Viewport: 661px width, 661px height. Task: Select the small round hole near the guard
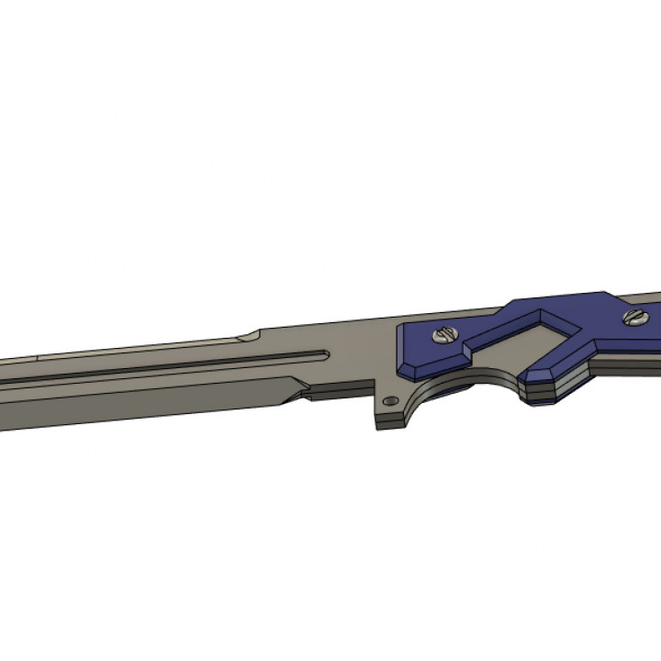point(392,401)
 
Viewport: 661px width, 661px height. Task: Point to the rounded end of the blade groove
point(320,353)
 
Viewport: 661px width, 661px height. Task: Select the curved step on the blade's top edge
point(246,333)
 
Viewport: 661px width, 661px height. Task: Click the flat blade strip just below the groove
point(184,377)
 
